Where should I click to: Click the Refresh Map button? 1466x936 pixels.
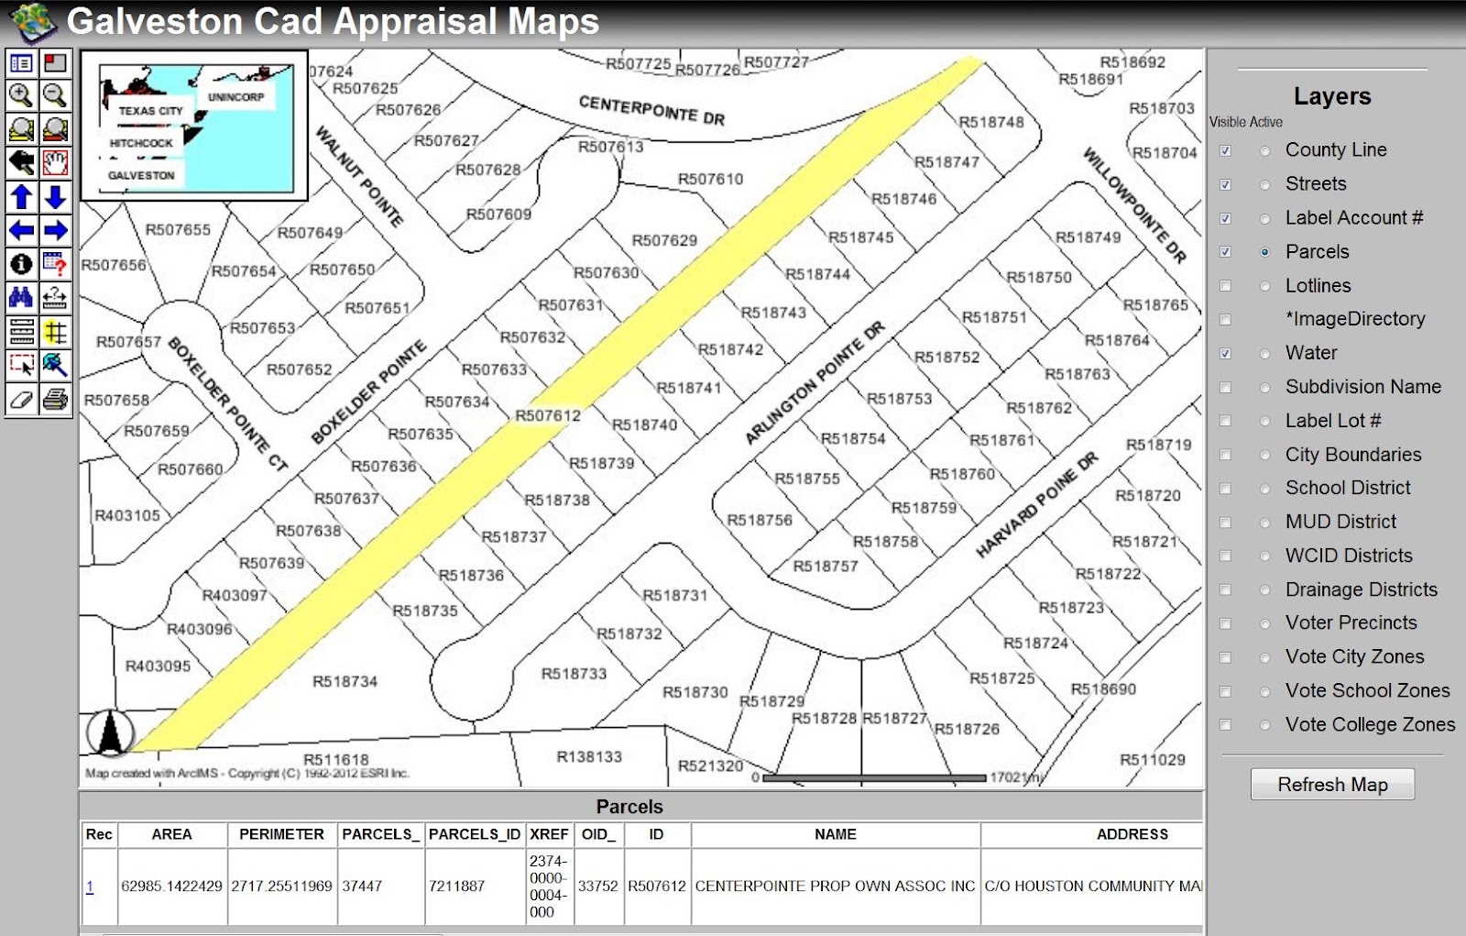[1332, 785]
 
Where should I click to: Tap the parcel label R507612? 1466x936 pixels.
[548, 415]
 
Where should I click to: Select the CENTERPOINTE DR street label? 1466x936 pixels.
[651, 110]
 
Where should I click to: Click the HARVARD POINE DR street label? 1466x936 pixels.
[1036, 504]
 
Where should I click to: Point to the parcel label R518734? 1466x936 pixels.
[345, 681]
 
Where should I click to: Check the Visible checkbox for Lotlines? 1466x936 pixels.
[1225, 286]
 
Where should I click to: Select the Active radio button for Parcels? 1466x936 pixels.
[1265, 252]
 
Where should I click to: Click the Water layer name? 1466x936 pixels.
[1310, 353]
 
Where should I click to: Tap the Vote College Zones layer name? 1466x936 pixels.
[1369, 724]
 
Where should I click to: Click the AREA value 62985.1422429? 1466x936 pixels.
[171, 886]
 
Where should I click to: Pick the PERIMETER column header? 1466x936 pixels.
[281, 834]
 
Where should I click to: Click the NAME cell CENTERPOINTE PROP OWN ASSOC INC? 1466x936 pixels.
[835, 886]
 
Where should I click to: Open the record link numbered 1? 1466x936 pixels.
[90, 886]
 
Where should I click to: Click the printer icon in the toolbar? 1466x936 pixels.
[56, 400]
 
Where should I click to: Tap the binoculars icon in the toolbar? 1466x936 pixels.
[21, 297]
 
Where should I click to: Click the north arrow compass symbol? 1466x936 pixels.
[111, 733]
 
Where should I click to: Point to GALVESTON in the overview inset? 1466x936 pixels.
[141, 175]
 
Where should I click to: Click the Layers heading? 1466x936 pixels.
[1332, 96]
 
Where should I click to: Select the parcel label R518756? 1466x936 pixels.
[760, 520]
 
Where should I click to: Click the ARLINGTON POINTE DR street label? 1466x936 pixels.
[815, 382]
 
